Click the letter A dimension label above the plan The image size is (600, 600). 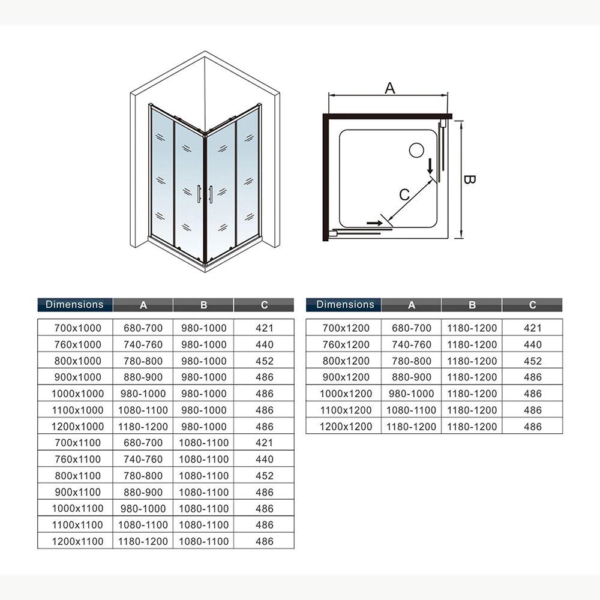[390, 88]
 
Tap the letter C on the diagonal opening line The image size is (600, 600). [404, 194]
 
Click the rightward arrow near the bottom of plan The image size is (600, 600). [374, 223]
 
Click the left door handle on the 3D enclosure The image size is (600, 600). [199, 195]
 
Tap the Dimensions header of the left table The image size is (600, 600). [74, 304]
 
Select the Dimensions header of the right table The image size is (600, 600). [345, 304]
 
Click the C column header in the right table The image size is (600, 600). [532, 305]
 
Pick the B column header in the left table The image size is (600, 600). [203, 305]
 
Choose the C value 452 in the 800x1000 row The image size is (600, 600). [264, 361]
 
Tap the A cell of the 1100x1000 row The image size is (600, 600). [143, 410]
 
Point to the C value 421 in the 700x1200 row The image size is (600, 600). [532, 328]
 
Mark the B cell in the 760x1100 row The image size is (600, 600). [203, 460]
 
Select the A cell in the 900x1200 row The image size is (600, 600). [412, 377]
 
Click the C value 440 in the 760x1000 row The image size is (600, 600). [264, 345]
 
